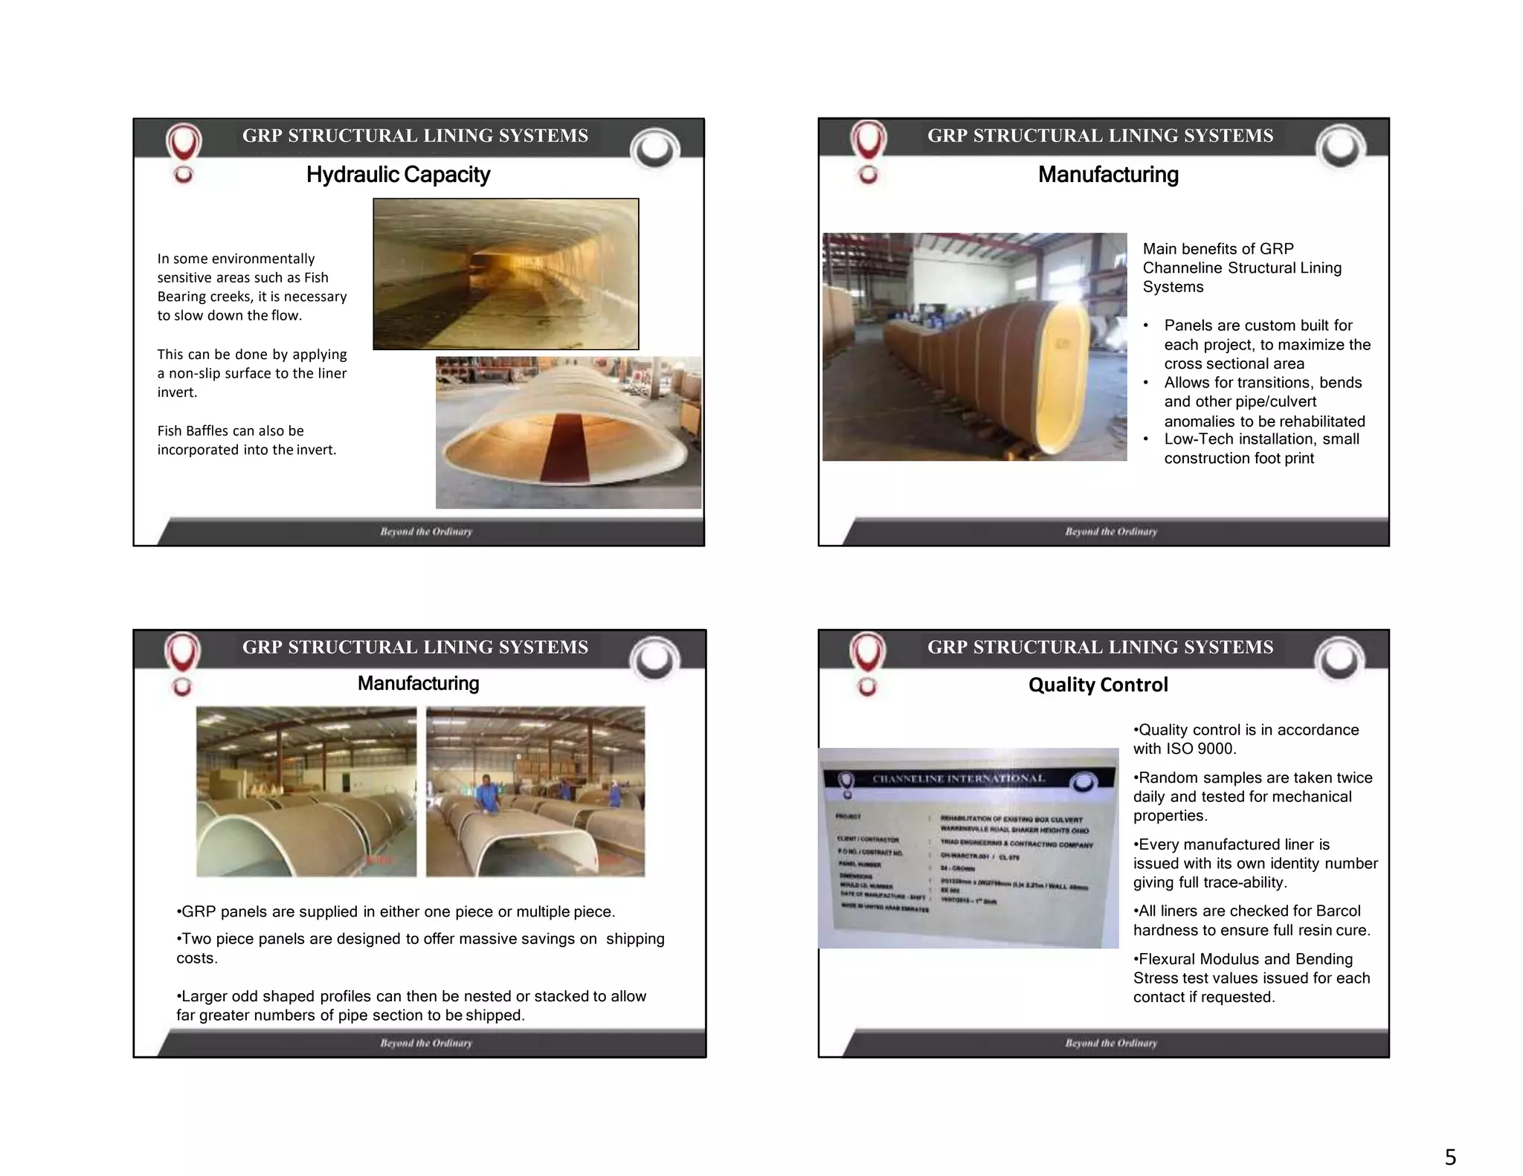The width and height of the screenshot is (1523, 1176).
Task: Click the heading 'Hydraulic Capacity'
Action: [398, 175]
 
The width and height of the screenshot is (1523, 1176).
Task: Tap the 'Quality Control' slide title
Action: [1098, 685]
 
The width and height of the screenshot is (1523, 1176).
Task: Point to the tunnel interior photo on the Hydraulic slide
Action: [506, 274]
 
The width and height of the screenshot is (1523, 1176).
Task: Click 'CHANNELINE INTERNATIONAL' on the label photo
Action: [959, 779]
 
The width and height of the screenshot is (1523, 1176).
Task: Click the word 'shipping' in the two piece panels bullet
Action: [635, 939]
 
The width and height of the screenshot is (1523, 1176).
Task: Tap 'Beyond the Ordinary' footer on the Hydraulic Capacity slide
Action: [426, 532]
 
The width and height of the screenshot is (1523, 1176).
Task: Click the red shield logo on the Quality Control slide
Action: [867, 653]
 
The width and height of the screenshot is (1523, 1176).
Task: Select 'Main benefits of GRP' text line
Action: [1218, 249]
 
